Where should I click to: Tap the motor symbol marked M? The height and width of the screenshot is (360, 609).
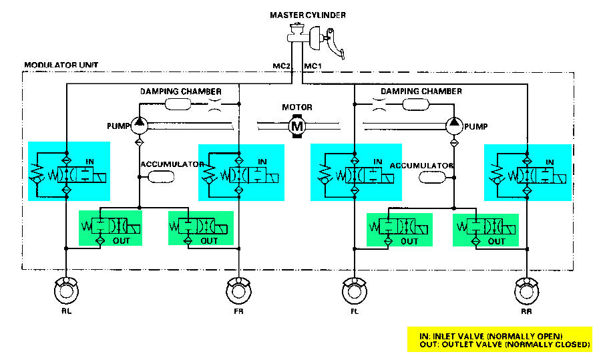pyautogui.click(x=295, y=124)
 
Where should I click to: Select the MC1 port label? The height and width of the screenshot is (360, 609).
pyautogui.click(x=313, y=66)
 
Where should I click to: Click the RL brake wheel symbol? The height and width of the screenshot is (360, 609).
pyautogui.click(x=67, y=293)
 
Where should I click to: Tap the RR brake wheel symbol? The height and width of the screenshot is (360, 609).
pyautogui.click(x=527, y=293)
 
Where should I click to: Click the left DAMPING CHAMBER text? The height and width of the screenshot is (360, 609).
pyautogui.click(x=180, y=91)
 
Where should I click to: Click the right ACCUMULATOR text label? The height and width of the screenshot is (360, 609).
pyautogui.click(x=421, y=165)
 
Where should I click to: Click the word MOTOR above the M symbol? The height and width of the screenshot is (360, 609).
pyautogui.click(x=296, y=107)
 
